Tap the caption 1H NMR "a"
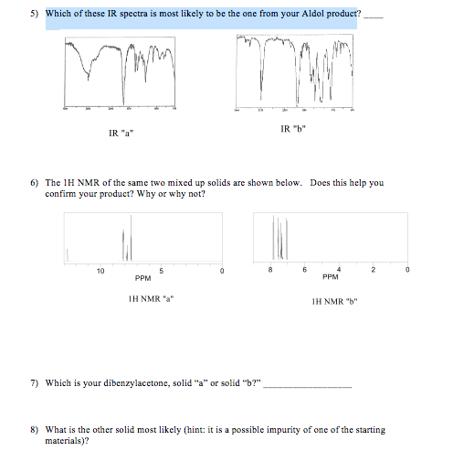tap(152, 298)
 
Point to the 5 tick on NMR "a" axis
tap(161, 271)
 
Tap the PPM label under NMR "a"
tap(142, 279)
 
